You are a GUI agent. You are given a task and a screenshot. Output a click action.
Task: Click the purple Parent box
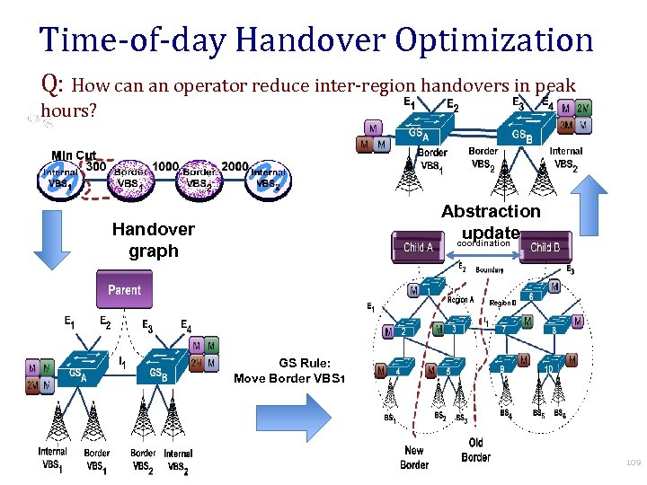(x=125, y=290)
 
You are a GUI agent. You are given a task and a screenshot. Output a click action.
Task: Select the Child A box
(x=418, y=247)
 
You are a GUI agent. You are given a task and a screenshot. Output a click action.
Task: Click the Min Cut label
(x=74, y=154)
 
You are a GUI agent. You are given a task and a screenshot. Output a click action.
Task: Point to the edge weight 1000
(x=165, y=166)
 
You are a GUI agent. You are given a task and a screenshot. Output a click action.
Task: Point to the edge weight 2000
(x=235, y=166)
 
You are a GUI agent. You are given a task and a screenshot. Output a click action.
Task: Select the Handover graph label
(x=154, y=240)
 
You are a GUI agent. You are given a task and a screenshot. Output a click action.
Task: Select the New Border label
(x=414, y=457)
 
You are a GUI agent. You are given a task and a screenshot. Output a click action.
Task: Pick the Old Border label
(x=475, y=450)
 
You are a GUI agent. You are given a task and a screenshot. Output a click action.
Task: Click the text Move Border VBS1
(x=288, y=378)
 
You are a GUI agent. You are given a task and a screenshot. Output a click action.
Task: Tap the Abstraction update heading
(x=491, y=222)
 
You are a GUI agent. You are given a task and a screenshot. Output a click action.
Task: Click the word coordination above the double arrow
(x=484, y=243)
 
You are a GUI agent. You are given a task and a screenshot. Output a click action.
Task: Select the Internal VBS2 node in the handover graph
(x=267, y=177)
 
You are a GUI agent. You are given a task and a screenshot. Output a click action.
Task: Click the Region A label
(x=460, y=300)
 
